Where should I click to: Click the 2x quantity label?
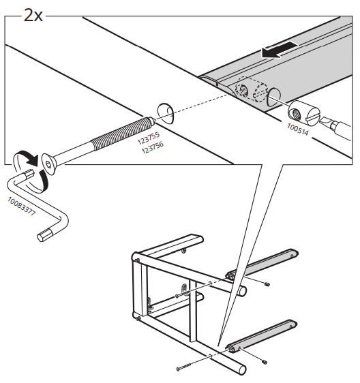point(33,14)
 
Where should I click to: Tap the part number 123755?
point(149,136)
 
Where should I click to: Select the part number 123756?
point(151,146)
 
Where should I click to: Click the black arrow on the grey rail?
point(282,48)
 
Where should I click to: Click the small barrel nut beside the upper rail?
point(269,284)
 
